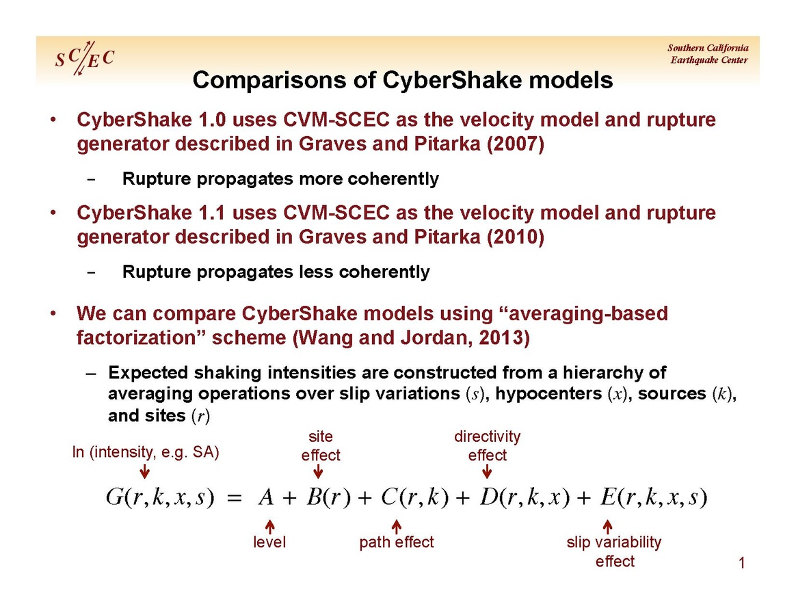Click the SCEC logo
point(85,58)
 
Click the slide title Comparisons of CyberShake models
point(403,80)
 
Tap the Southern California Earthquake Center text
point(708,54)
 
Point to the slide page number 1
point(742,563)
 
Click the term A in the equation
point(267,497)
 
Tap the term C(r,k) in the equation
point(414,497)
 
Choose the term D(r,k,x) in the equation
point(525,497)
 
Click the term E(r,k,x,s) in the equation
point(654,497)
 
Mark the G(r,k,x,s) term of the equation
point(160,497)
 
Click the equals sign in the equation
point(234,498)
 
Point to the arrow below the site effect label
point(318,472)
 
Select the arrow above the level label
point(270,527)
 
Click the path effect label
point(397,542)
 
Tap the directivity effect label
point(488,446)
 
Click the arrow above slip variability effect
point(607,527)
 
